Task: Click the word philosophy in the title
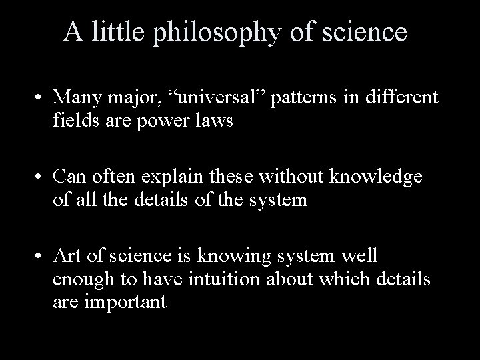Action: [212, 33]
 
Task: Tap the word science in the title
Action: [365, 32]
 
